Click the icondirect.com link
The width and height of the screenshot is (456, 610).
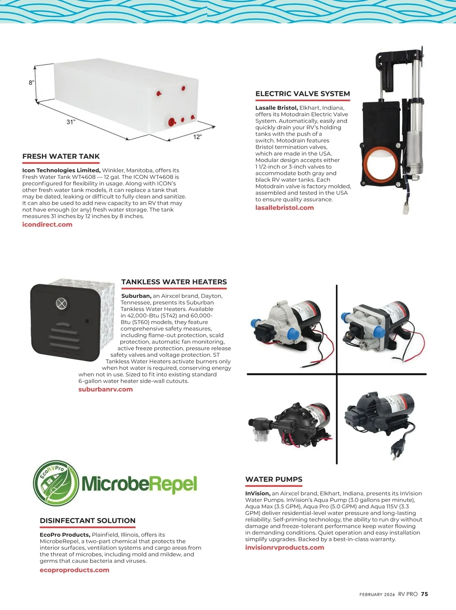point(47,224)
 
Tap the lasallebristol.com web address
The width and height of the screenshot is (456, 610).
point(285,208)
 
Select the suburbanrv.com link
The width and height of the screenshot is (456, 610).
point(106,389)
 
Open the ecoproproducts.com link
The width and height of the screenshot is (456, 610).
point(74,570)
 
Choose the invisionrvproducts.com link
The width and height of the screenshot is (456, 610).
point(285,548)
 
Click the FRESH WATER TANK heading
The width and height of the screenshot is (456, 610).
point(61,156)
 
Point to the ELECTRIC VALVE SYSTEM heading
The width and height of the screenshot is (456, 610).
point(302,94)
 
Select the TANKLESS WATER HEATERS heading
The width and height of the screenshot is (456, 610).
point(174,282)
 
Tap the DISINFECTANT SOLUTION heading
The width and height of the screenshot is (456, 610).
point(87,521)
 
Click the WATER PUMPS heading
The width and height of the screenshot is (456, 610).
point(274,479)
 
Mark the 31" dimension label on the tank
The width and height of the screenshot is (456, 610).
point(71,122)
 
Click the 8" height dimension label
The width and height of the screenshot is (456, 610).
point(32,83)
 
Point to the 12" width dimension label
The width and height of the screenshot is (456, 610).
point(197,137)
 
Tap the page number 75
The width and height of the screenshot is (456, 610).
point(424,594)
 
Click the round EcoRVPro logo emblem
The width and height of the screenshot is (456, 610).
point(56,483)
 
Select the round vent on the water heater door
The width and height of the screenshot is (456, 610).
point(62,303)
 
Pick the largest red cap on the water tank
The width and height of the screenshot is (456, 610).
point(171,122)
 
